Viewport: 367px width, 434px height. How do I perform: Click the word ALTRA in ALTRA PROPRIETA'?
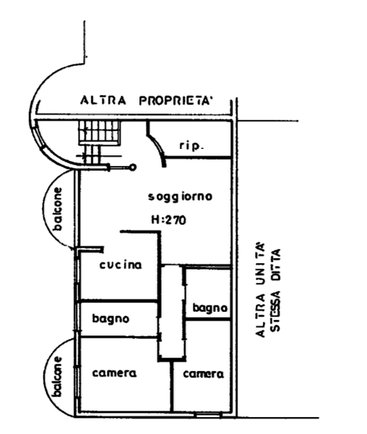(x=103, y=100)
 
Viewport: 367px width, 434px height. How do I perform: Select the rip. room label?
(x=191, y=145)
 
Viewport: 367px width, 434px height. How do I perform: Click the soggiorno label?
(x=181, y=197)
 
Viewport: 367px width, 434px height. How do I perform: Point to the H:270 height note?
(x=169, y=220)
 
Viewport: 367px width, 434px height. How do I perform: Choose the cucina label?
(x=120, y=265)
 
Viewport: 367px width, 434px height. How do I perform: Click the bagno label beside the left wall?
(x=111, y=318)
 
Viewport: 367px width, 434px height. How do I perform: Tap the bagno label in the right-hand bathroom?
(x=210, y=308)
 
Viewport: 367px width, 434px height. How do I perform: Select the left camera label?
(x=114, y=373)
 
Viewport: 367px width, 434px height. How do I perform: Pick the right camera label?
(x=203, y=374)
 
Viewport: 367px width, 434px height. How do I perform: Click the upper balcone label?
(x=58, y=209)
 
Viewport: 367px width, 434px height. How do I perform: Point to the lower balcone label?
(x=58, y=377)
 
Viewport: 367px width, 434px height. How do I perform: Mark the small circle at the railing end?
(x=133, y=167)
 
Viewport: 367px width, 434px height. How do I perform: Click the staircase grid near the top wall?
(x=100, y=133)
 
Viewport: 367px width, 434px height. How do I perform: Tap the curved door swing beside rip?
(x=157, y=146)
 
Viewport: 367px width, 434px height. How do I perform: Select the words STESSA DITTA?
(x=276, y=290)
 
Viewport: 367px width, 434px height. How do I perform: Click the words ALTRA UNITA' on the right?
(x=260, y=290)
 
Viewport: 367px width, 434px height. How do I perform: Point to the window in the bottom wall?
(x=208, y=414)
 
